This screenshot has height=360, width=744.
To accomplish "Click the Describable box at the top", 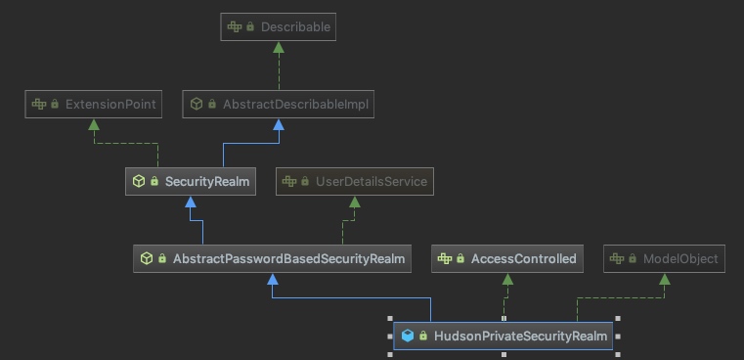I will pyautogui.click(x=278, y=27).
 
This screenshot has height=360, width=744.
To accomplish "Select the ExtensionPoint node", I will pyautogui.click(x=93, y=104).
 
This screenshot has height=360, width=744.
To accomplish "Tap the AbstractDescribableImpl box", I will pyautogui.click(x=279, y=104).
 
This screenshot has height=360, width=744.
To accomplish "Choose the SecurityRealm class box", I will pyautogui.click(x=191, y=181).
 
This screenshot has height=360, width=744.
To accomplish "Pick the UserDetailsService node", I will pyautogui.click(x=354, y=181).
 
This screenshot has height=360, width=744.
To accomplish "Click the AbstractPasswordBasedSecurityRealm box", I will pyautogui.click(x=272, y=258).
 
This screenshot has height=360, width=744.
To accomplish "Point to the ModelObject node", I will pyautogui.click(x=664, y=258).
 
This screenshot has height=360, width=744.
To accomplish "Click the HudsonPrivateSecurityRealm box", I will pyautogui.click(x=503, y=336).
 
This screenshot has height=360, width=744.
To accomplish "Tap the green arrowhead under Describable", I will pyautogui.click(x=279, y=48).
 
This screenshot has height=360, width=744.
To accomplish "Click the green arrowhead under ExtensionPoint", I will pyautogui.click(x=93, y=124).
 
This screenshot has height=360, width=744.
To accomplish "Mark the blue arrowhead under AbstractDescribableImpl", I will pyautogui.click(x=279, y=124).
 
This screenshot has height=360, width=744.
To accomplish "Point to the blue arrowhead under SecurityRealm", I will pyautogui.click(x=191, y=202).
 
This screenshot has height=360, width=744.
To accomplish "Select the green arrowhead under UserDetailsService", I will pyautogui.click(x=354, y=202).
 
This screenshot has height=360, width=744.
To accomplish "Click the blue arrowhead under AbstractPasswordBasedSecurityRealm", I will pyautogui.click(x=272, y=279).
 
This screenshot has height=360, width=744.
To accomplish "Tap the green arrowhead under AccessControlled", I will pyautogui.click(x=507, y=279).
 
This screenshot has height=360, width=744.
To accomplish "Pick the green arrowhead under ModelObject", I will pyautogui.click(x=664, y=279).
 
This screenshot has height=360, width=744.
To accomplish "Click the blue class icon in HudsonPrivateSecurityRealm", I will pyautogui.click(x=408, y=336).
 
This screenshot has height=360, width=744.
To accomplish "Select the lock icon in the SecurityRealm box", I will pyautogui.click(x=154, y=181).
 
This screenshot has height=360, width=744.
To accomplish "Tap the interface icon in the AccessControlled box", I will pyautogui.click(x=444, y=258).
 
